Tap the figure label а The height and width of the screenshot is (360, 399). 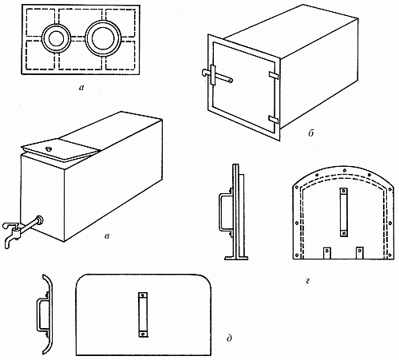pyautogui.click(x=81, y=88)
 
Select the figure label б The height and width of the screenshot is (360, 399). pyautogui.click(x=311, y=133)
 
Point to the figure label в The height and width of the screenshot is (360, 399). pyautogui.click(x=107, y=236)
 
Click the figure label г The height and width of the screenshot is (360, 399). pyautogui.click(x=308, y=280)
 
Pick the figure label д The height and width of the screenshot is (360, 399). pyautogui.click(x=229, y=338)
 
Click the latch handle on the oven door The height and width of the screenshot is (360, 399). pyautogui.click(x=217, y=76)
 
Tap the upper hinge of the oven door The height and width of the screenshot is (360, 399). pyautogui.click(x=274, y=75)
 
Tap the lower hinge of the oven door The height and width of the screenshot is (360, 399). pyautogui.click(x=274, y=119)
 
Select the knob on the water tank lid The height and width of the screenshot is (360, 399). pyautogui.click(x=49, y=149)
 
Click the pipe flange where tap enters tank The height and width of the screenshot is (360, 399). pyautogui.click(x=40, y=220)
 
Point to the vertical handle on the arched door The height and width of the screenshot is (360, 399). pyautogui.click(x=344, y=212)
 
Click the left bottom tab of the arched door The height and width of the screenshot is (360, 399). pyautogui.click(x=326, y=253)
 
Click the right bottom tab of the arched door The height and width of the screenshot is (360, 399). pyautogui.click(x=359, y=253)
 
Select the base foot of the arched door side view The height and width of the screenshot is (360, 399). pyautogui.click(x=236, y=258)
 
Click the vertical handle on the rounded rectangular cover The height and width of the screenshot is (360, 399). pyautogui.click(x=143, y=315)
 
